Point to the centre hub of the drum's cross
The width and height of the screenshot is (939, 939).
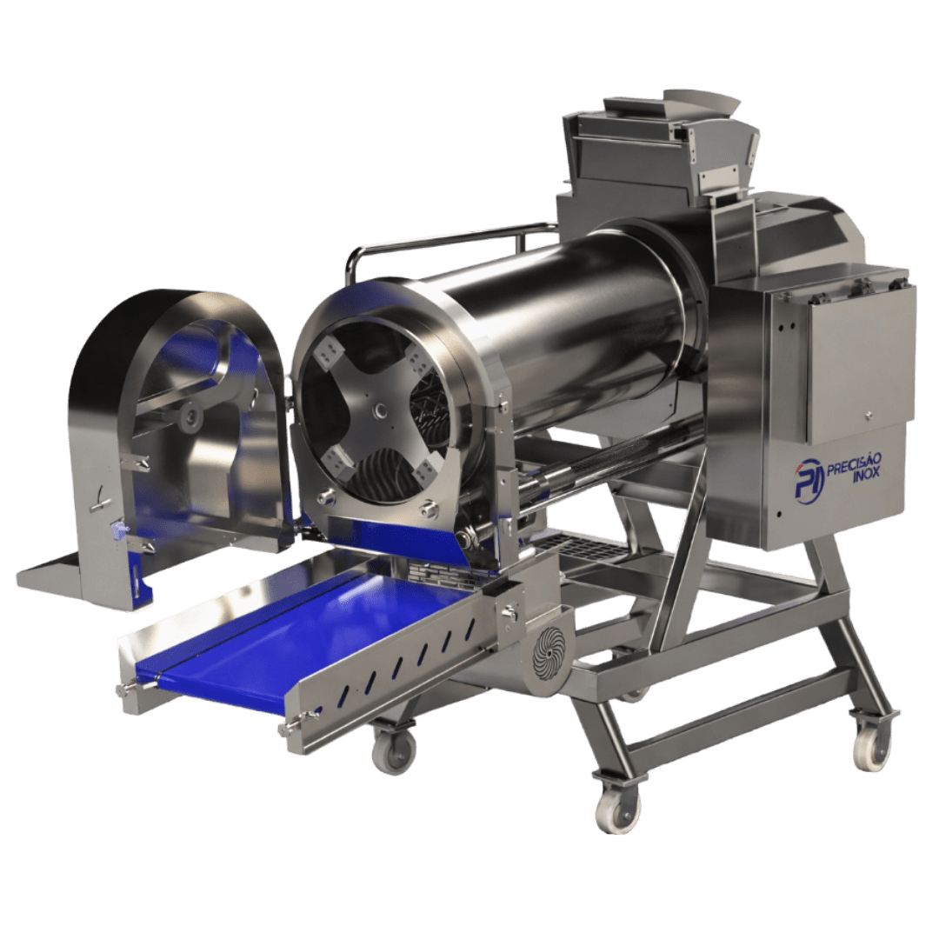(x=380, y=411)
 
